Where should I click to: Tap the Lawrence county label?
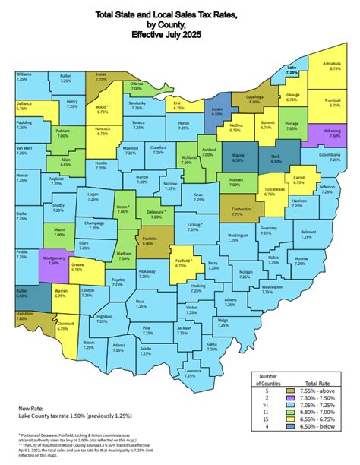tap(193, 372)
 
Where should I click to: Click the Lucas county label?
tap(102, 77)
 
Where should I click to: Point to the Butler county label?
tap(22, 292)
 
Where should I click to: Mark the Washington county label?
tap(271, 288)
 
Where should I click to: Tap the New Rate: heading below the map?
tap(31, 407)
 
